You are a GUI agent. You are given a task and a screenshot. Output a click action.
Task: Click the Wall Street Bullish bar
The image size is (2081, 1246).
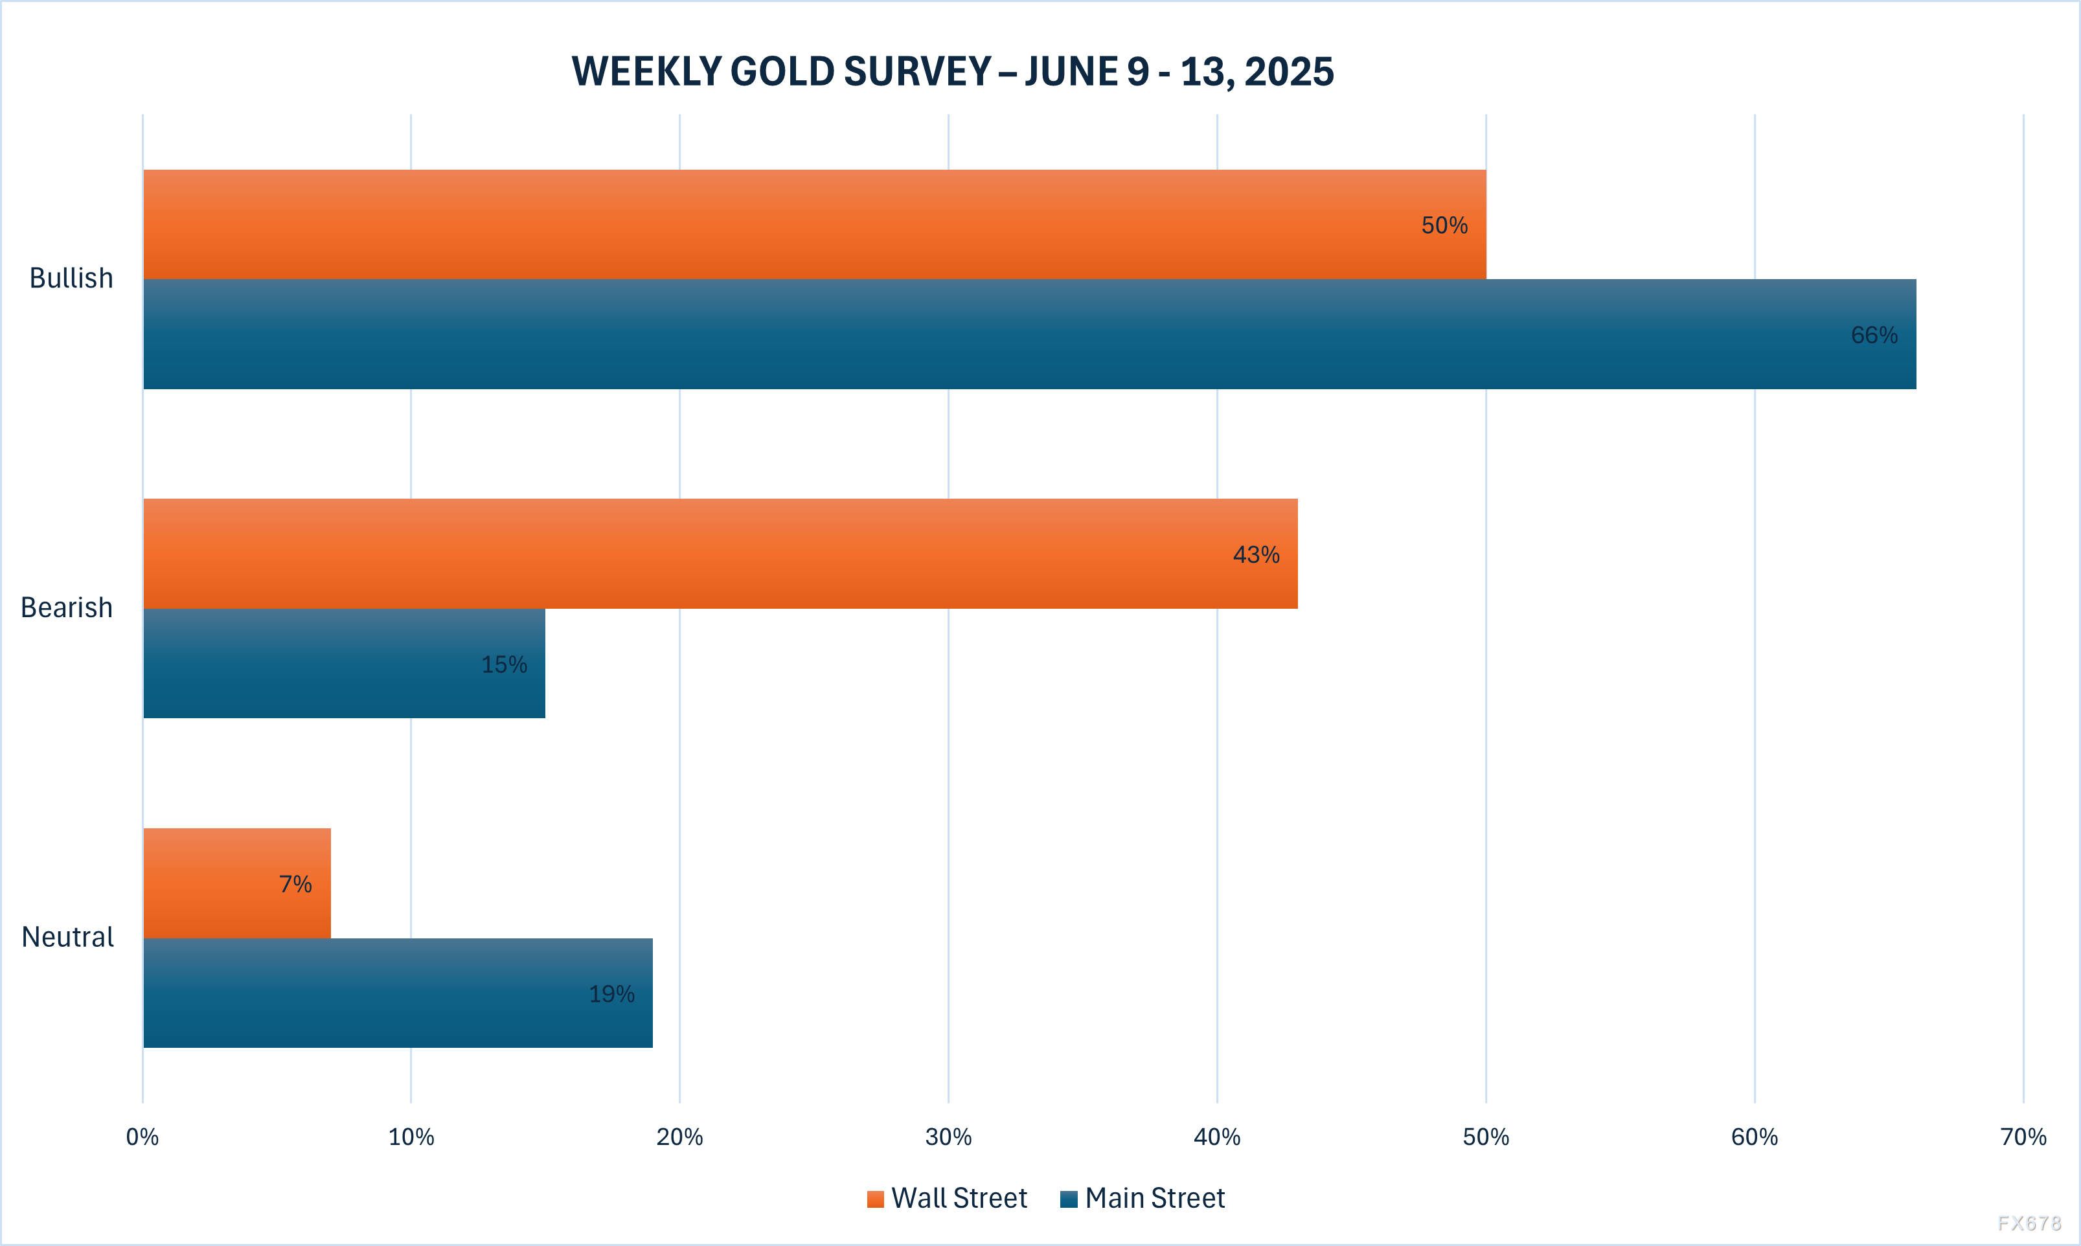[x=814, y=224]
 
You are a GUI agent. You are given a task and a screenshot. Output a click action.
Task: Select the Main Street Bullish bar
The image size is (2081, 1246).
[x=1029, y=334]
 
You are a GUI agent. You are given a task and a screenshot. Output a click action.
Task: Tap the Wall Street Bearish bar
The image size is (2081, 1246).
[x=720, y=553]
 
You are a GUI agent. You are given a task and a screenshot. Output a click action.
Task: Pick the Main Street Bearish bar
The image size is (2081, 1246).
[x=344, y=663]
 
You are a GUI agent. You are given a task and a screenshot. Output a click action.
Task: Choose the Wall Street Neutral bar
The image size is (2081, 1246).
[x=236, y=883]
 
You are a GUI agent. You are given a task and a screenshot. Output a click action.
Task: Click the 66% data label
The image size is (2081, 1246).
[x=1874, y=335]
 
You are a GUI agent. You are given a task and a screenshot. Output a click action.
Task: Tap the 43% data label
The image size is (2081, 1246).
[x=1256, y=554]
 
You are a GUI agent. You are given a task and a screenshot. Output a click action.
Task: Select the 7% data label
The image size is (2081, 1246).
[x=295, y=884]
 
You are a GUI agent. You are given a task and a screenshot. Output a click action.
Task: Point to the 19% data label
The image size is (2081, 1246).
[x=611, y=994]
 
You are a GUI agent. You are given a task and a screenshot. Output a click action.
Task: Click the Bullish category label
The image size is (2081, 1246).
[x=71, y=278]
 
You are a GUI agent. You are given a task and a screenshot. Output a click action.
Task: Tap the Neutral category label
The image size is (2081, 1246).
[x=67, y=936]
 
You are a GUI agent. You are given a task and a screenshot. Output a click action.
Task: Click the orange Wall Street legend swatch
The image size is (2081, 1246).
[x=876, y=1199]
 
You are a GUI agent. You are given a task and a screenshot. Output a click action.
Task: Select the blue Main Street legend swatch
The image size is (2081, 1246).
[x=1069, y=1199]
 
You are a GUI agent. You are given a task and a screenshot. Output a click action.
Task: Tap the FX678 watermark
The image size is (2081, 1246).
[x=2030, y=1223]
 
